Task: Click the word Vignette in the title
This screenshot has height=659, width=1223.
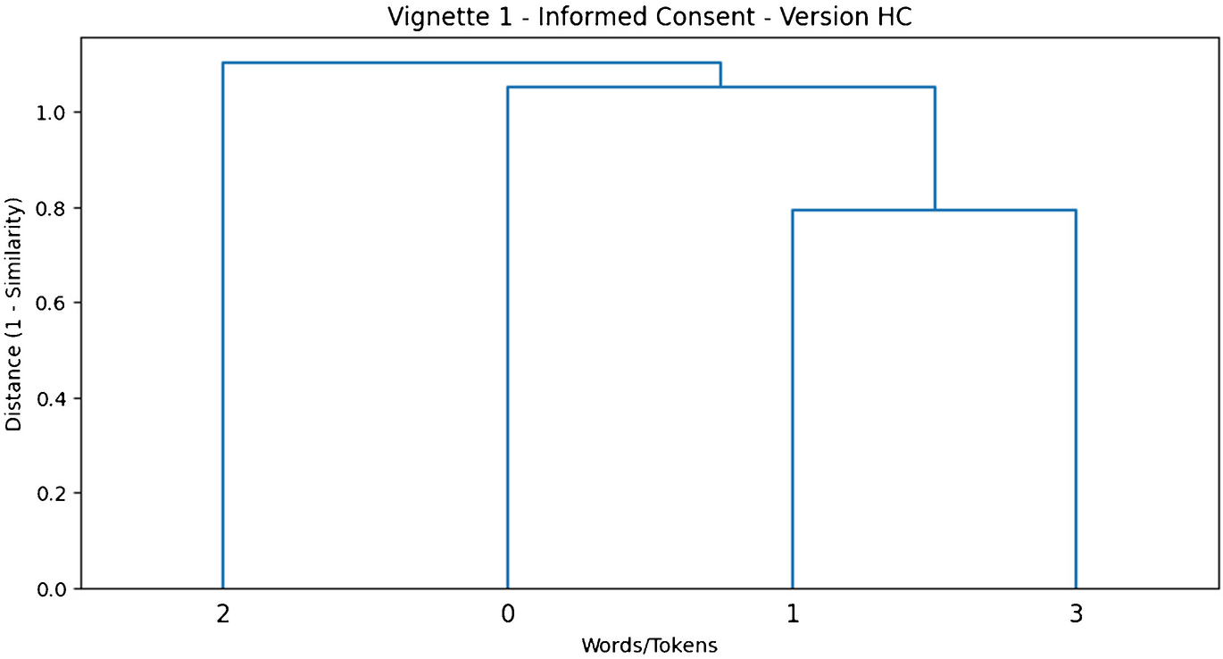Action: (424, 17)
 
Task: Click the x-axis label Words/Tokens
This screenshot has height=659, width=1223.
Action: (649, 645)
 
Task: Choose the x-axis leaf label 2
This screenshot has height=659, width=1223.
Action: (222, 614)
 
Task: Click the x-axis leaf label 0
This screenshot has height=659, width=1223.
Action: (507, 614)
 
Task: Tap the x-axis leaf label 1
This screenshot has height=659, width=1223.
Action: (792, 614)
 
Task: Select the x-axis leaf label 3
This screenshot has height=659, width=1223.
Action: (1076, 614)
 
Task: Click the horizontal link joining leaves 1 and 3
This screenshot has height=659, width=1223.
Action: (934, 210)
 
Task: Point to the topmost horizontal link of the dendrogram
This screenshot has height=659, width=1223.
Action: (471, 63)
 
